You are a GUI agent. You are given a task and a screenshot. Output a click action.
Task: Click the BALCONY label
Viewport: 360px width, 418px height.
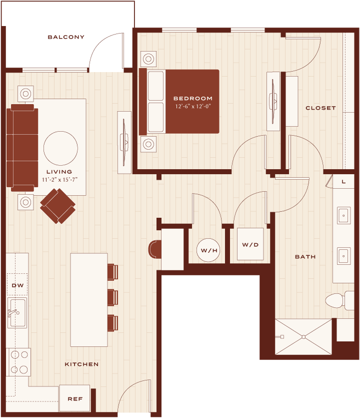(x=66, y=37)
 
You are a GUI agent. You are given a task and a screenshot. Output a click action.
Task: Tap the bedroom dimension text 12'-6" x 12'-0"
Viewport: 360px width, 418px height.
(x=193, y=106)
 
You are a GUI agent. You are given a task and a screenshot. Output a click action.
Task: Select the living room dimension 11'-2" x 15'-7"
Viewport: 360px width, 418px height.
(x=59, y=180)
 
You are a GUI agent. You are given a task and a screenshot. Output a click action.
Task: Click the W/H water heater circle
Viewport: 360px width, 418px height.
(x=208, y=250)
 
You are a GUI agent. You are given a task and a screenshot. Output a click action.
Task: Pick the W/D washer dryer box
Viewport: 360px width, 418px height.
(x=250, y=244)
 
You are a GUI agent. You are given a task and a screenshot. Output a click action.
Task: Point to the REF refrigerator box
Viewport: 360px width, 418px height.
(x=74, y=398)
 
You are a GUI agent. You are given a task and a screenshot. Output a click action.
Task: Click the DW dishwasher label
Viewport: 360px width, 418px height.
(x=17, y=285)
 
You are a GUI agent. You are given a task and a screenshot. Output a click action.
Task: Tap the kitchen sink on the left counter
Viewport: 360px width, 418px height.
(x=17, y=313)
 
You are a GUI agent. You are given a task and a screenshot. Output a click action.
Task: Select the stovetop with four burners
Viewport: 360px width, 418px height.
(x=18, y=362)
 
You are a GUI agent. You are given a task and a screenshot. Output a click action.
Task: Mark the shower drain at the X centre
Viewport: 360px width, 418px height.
(x=303, y=337)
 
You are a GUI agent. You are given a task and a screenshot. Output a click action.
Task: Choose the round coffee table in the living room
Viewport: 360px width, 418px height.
(x=60, y=148)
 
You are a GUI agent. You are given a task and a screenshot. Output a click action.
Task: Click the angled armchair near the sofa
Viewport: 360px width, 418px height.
(x=58, y=206)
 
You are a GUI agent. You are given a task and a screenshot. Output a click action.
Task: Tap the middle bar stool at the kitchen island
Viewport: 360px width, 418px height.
(x=113, y=297)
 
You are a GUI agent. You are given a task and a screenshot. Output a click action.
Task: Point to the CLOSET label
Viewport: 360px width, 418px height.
(x=320, y=108)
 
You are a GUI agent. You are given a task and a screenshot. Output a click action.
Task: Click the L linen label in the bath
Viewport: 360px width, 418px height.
(x=343, y=182)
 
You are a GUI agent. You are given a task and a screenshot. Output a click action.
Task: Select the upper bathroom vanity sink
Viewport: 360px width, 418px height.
(x=344, y=215)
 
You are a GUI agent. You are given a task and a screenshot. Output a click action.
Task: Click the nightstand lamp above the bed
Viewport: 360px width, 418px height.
(x=148, y=59)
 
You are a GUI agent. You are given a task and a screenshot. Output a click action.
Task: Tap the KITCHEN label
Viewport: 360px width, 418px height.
(x=81, y=364)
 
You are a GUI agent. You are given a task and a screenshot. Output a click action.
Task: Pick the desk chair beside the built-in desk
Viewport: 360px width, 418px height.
(x=155, y=249)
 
